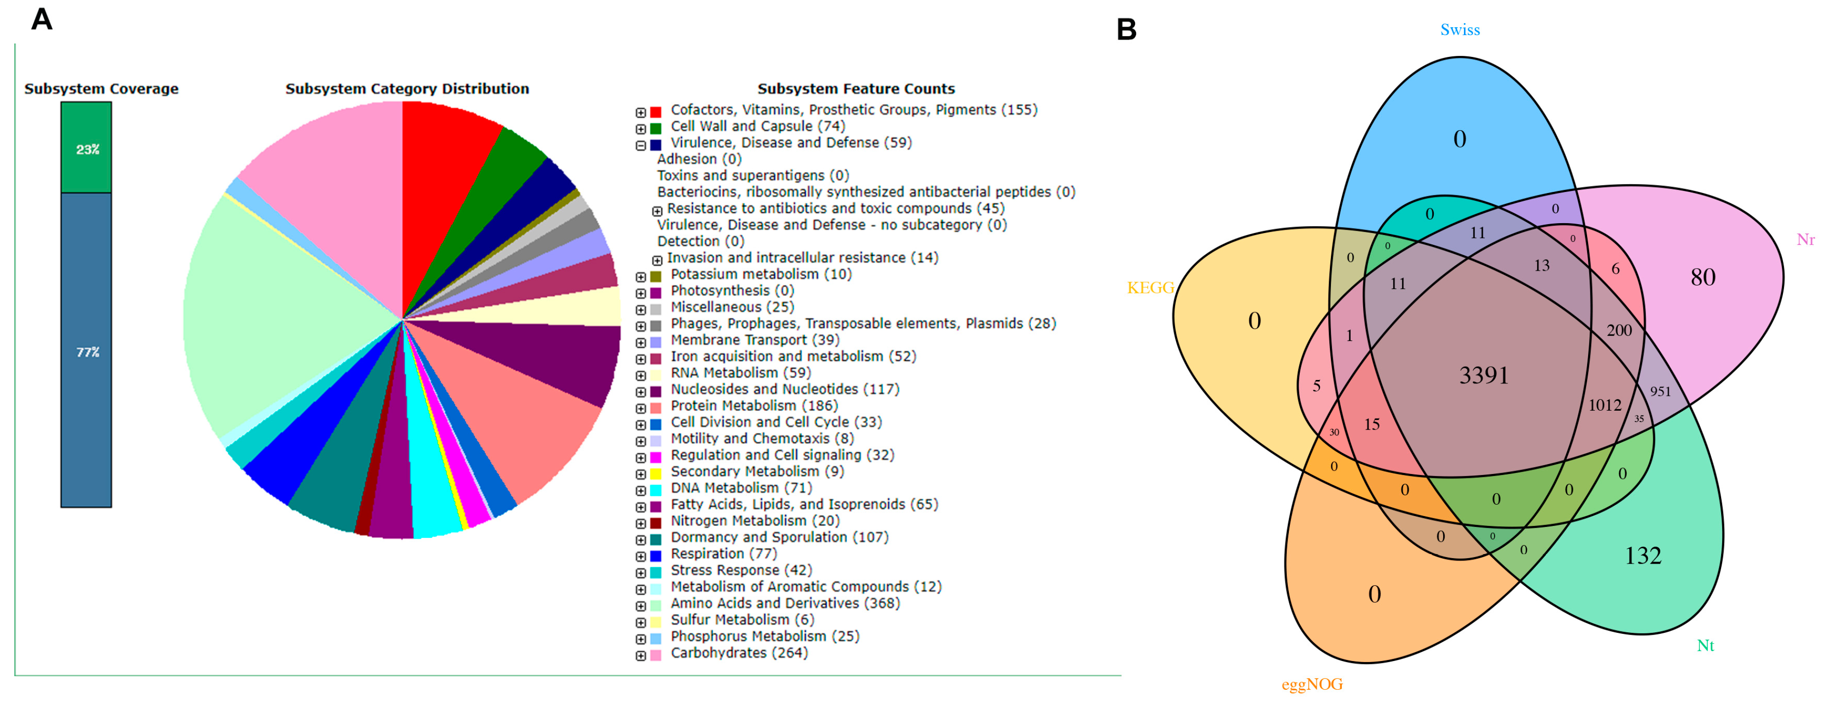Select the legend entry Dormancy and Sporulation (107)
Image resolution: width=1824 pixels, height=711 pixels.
point(779,537)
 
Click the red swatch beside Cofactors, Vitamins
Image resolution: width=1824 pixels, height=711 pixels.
point(656,112)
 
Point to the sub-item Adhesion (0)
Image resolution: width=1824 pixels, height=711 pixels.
point(699,159)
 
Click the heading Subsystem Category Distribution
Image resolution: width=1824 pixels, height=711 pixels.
point(407,89)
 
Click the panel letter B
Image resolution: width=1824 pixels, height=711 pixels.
point(1127,30)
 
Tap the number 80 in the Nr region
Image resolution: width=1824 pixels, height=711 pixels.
point(1703,277)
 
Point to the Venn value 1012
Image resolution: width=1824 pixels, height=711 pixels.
point(1604,405)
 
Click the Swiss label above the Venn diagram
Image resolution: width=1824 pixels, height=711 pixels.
point(1460,30)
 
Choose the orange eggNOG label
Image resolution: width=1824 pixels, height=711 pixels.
point(1312,685)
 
